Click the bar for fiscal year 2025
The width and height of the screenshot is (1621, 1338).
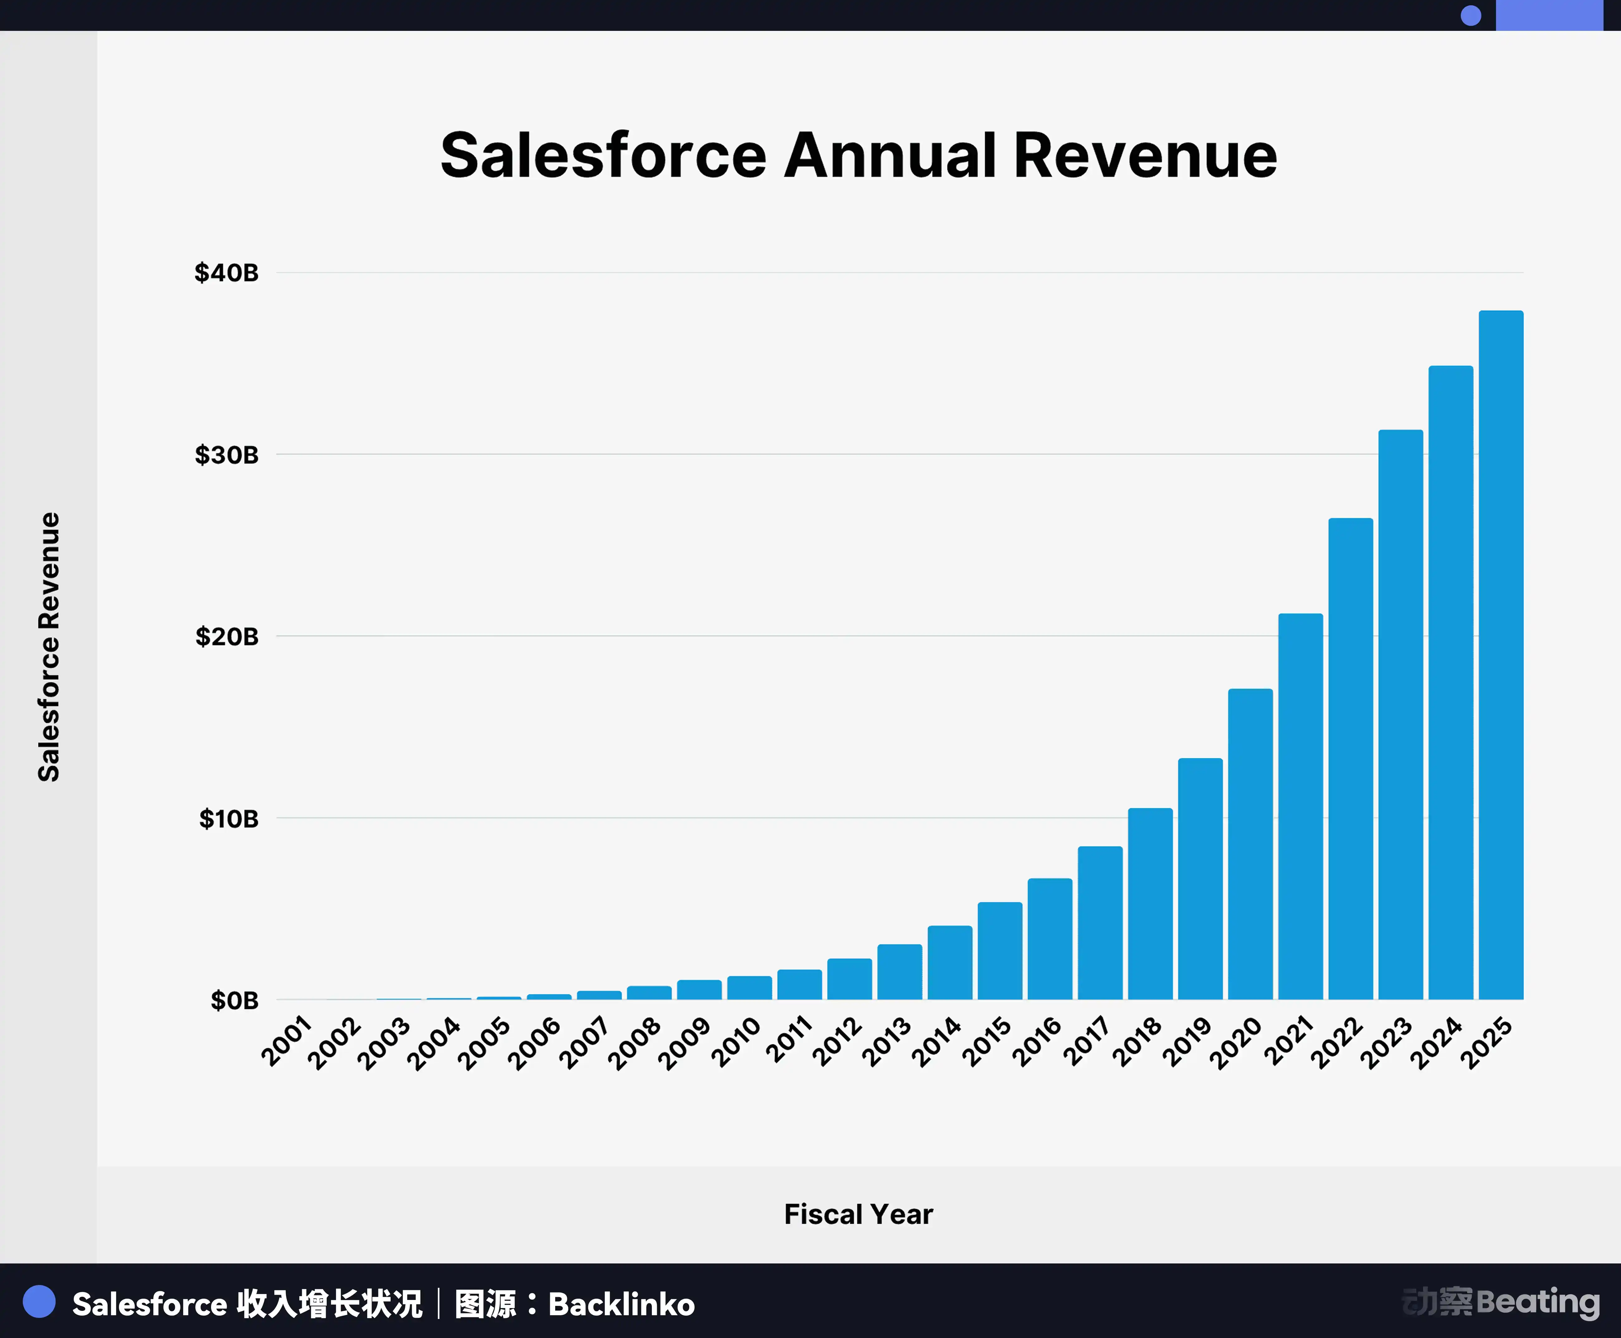(1501, 655)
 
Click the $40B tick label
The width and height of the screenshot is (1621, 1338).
(227, 273)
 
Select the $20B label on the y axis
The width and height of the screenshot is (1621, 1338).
(227, 637)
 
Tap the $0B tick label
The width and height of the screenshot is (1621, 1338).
(234, 1001)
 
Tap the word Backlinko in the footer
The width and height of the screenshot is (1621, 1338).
(621, 1304)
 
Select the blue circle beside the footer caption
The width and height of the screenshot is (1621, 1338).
(39, 1302)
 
